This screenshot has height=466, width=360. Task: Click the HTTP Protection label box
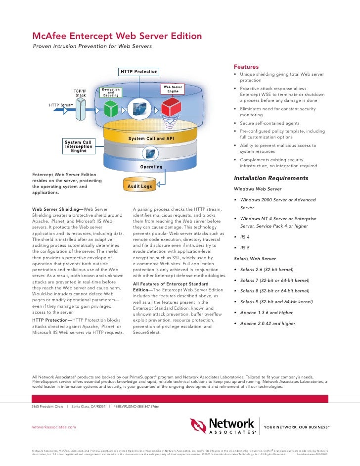(x=139, y=72)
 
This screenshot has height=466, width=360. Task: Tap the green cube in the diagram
(x=111, y=106)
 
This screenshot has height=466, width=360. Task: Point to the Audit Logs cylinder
(x=139, y=186)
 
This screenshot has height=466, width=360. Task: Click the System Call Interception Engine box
(x=79, y=147)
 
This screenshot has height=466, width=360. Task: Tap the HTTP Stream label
(x=61, y=105)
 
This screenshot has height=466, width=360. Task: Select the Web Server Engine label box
(x=173, y=90)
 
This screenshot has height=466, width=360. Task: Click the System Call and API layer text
(x=151, y=139)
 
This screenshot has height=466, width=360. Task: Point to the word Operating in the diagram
(x=151, y=167)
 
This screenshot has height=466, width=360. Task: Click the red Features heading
(x=246, y=67)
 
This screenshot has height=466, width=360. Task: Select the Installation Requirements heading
(x=271, y=178)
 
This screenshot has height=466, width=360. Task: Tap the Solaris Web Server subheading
(x=255, y=259)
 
